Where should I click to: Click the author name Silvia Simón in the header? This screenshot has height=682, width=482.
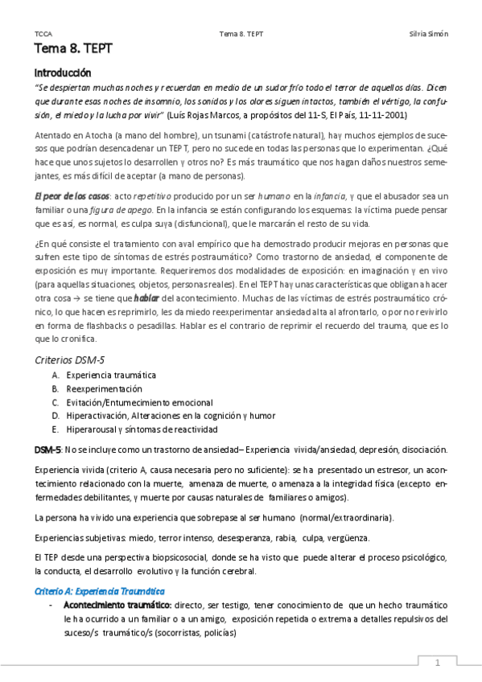(x=429, y=34)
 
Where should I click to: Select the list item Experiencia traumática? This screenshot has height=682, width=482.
(x=111, y=375)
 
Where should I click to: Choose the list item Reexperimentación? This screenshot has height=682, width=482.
(x=105, y=388)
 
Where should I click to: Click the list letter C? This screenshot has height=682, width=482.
(x=55, y=402)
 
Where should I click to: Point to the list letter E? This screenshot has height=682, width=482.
(x=55, y=429)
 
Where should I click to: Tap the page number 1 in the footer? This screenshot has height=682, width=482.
(x=436, y=664)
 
